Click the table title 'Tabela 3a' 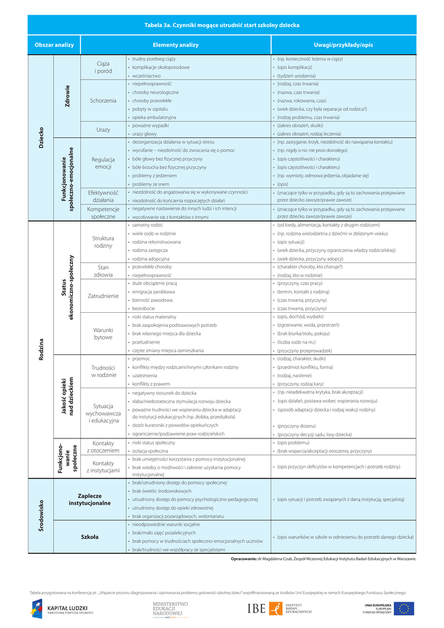221,25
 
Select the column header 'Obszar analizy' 54,45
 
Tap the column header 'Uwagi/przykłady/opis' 343,45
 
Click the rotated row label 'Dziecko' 41,138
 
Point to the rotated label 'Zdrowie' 67,96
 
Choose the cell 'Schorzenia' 103,100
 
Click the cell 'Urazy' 103,129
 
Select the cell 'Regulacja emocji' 103,163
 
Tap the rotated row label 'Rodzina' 41,350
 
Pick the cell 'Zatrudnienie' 103,296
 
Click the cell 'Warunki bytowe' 103,334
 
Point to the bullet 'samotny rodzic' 145,225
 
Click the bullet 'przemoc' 141,358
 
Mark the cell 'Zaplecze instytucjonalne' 90,499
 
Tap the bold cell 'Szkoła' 90,537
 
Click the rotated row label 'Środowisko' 41,516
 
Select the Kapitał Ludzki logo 58,608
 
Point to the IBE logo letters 256,608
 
